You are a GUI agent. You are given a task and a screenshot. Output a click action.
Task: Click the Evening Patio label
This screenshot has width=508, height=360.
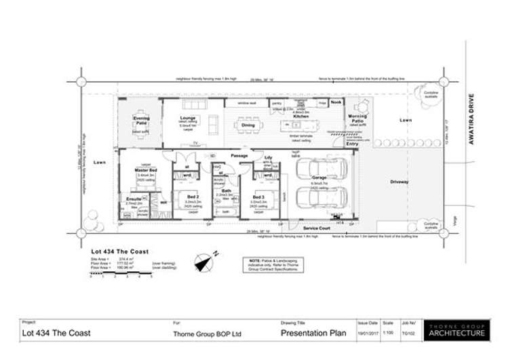pos(140,120)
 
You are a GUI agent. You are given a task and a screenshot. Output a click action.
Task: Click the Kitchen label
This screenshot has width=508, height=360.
pos(301,117)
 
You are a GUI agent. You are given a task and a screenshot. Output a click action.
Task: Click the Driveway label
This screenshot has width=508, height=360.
pos(399,182)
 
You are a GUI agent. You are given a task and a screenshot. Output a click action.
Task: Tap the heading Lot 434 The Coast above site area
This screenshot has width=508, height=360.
pos(119,252)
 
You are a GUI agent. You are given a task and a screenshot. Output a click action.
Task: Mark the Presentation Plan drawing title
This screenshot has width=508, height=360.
pos(313,334)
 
